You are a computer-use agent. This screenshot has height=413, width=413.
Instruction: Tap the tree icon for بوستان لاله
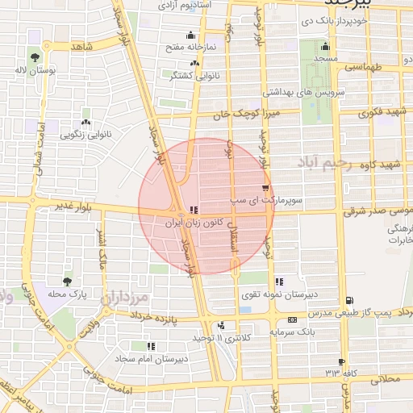pos(35,56)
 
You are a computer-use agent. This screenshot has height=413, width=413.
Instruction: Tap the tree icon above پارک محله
pos(66,282)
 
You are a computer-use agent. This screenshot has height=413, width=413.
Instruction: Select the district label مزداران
pos(126,298)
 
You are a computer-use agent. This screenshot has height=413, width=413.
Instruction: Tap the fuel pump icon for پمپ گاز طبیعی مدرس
pos(348,300)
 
